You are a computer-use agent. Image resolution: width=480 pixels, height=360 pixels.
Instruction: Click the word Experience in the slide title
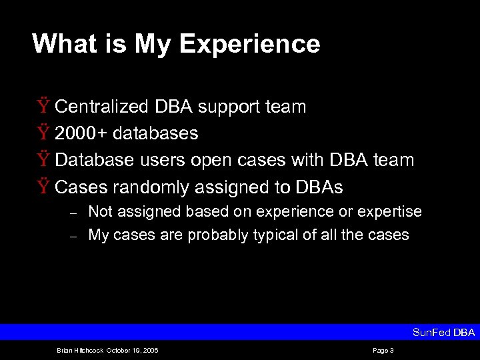[x=249, y=44]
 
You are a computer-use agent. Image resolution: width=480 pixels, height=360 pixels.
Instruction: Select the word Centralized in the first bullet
[x=103, y=107]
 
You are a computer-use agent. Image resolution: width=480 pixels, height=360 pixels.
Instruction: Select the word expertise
[x=389, y=212]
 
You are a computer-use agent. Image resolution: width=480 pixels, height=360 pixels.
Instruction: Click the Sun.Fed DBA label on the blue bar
[x=443, y=332]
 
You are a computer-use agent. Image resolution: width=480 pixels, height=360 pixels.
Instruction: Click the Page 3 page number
[x=383, y=351]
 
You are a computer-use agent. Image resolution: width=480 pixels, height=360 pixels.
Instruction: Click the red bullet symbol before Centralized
[x=43, y=107]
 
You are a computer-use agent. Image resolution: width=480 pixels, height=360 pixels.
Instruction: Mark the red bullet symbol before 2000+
[x=43, y=133]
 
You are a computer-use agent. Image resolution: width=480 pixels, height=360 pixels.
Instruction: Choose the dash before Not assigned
[x=75, y=213]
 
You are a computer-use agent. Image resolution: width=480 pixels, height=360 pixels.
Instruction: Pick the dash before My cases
[x=75, y=235]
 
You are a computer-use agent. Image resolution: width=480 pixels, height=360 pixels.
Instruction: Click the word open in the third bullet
[x=211, y=161]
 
